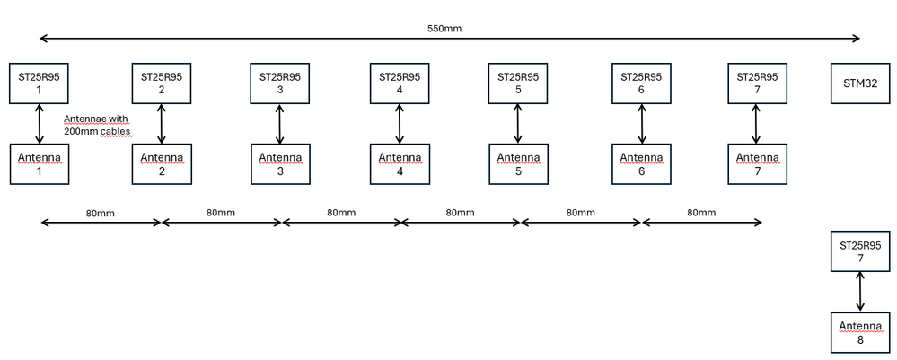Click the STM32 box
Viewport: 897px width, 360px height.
[859, 83]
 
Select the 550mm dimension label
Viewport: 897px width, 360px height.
[444, 29]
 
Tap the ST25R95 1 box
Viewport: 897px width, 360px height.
[39, 83]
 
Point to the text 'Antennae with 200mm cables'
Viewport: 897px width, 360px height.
[98, 125]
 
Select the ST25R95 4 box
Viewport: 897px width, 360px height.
[400, 83]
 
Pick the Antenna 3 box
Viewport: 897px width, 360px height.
[279, 164]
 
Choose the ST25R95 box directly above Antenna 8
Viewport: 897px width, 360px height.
[860, 251]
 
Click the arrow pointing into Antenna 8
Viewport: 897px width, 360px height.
[860, 291]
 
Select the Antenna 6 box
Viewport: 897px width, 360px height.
[641, 164]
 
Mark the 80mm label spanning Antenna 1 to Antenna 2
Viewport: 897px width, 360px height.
[101, 213]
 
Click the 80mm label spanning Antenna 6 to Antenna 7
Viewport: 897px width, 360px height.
[700, 213]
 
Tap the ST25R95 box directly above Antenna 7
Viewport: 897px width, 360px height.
[756, 83]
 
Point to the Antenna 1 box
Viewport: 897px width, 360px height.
[39, 164]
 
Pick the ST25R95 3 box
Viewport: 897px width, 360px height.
[279, 83]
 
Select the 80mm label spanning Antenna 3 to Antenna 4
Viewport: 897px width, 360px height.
[340, 213]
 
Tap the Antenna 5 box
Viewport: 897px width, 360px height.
[517, 164]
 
